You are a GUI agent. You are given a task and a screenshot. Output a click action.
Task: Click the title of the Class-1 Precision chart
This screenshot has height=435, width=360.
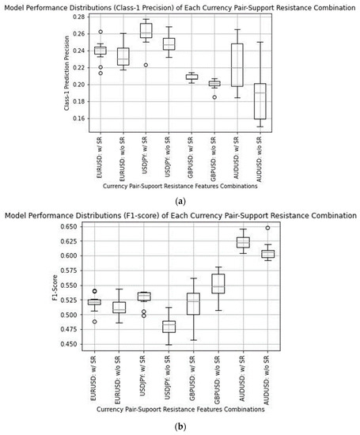pyautogui.click(x=180, y=6)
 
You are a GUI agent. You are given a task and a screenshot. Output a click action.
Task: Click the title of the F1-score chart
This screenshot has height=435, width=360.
pyautogui.click(x=180, y=215)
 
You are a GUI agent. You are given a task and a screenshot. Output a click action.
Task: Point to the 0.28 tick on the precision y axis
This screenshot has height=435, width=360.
pyautogui.click(x=78, y=16)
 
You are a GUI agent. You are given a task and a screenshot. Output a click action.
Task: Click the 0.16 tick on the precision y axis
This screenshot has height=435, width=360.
pyautogui.click(x=78, y=119)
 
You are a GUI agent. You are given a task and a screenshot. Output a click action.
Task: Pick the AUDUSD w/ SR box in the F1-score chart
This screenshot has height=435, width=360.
pyautogui.click(x=243, y=242)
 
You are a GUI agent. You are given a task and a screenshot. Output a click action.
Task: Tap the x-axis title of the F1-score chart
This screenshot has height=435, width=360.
pyautogui.click(x=180, y=410)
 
